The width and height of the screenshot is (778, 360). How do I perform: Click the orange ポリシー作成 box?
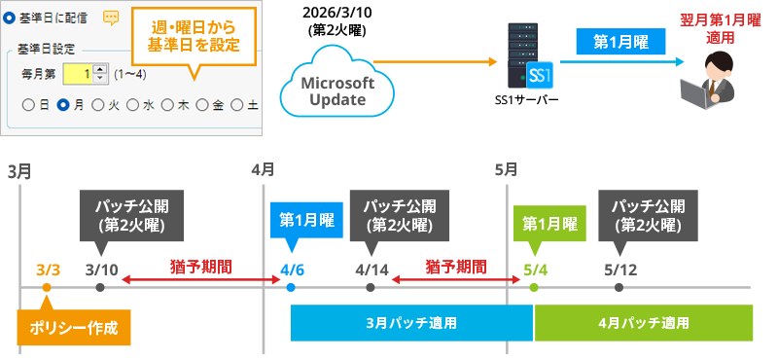[x=74, y=327]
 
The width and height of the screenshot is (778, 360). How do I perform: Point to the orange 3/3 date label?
[x=48, y=270]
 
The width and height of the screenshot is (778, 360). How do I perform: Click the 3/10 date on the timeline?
[x=101, y=270]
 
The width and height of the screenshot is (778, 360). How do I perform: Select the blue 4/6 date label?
[x=291, y=270]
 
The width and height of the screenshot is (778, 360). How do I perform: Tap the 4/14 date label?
[x=371, y=270]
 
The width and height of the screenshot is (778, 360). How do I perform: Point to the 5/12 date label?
[x=619, y=270]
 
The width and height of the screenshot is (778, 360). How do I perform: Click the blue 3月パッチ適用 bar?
[x=411, y=322]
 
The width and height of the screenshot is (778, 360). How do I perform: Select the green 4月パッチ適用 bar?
[x=643, y=322]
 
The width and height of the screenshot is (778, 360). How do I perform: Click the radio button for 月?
[x=63, y=104]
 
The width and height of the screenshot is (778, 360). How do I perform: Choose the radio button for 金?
[x=202, y=104]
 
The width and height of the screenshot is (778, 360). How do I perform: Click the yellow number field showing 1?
[x=79, y=74]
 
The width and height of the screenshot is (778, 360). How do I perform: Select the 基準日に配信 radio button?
[x=10, y=18]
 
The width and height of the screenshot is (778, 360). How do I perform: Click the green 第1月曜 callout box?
[x=550, y=222]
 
